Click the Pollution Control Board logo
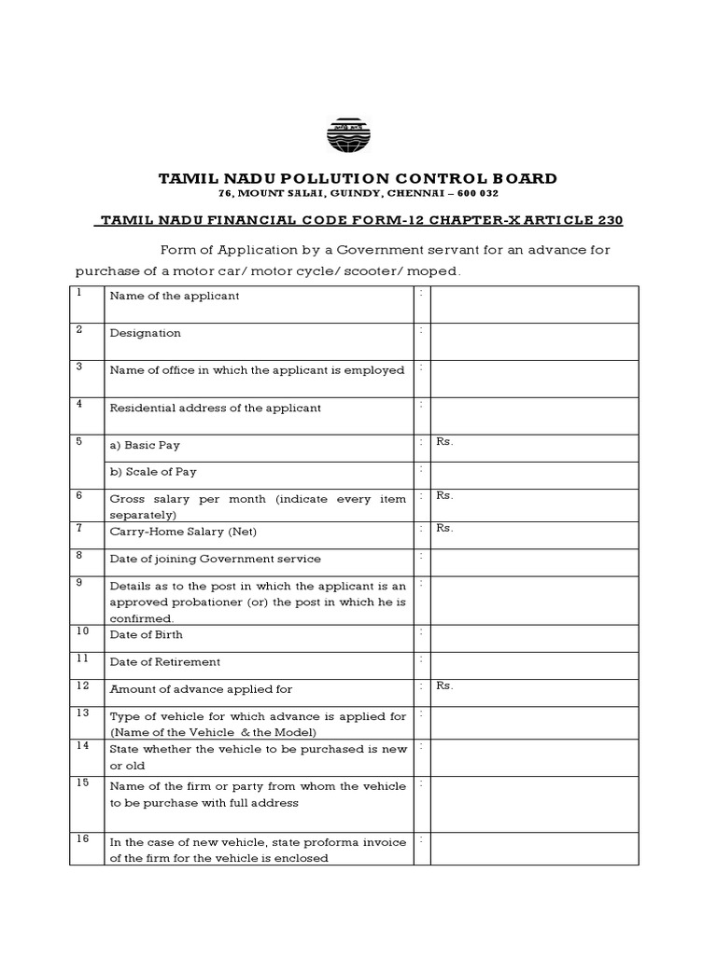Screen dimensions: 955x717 pos(348,135)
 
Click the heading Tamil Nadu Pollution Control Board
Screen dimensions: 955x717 pos(358,178)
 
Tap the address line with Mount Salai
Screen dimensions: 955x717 pos(358,193)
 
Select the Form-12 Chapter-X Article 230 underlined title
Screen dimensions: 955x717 pos(360,220)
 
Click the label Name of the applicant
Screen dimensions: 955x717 pos(175,296)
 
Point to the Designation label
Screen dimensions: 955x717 pos(146,333)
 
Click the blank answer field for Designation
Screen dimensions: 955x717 pos(534,341)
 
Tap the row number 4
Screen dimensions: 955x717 pos(80,404)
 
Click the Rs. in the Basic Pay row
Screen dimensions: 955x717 pos(444,442)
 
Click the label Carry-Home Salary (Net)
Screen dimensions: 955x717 pos(183,532)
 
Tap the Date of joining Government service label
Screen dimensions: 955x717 pos(215,559)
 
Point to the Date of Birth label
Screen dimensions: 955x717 pos(147,634)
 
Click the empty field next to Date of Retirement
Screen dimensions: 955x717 pos(534,664)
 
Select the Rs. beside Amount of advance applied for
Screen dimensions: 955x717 pos(444,685)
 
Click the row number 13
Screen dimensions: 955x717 pos(82,713)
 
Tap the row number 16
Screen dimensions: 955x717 pos(82,838)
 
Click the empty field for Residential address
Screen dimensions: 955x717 pos(534,416)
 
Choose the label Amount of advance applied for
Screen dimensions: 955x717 pos(201,689)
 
